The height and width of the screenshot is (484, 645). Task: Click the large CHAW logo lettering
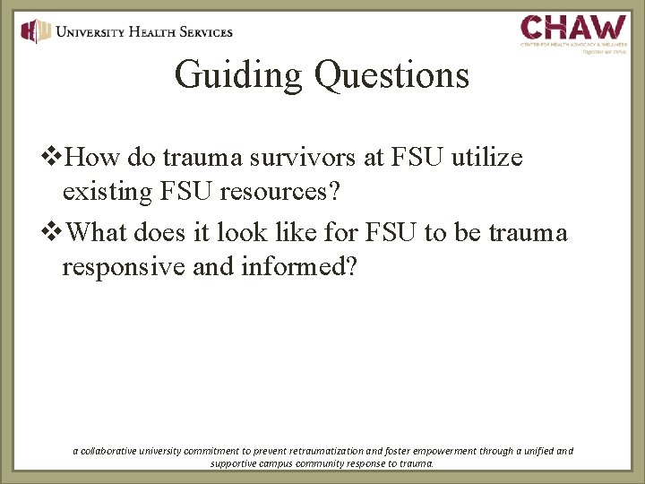click(573, 26)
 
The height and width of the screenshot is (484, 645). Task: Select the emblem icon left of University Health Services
click(36, 31)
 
